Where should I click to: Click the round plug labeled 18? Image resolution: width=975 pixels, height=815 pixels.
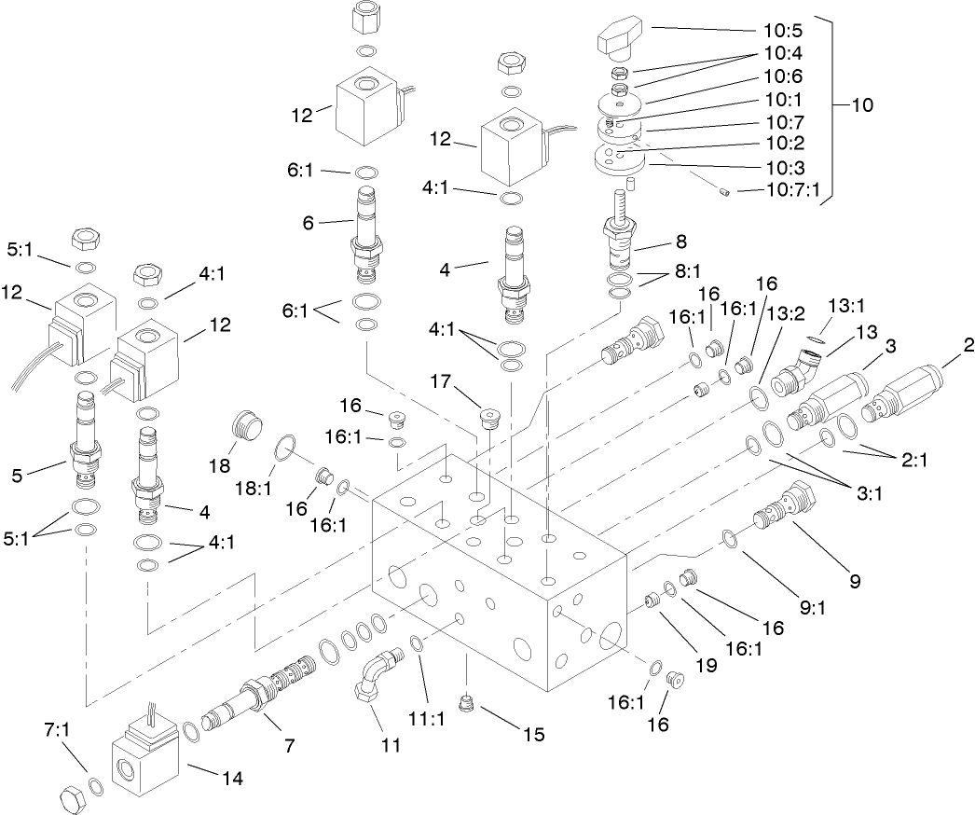pyautogui.click(x=247, y=427)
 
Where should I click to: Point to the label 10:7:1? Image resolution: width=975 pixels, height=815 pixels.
pyautogui.click(x=792, y=190)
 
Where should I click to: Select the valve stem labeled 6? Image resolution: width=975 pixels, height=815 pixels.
pyautogui.click(x=365, y=237)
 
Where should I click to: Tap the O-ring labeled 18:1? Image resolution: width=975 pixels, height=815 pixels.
pyautogui.click(x=286, y=452)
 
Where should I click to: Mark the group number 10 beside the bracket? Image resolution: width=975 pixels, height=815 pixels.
pyautogui.click(x=861, y=105)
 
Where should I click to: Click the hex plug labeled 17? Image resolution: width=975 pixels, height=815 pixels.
pyautogui.click(x=488, y=419)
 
